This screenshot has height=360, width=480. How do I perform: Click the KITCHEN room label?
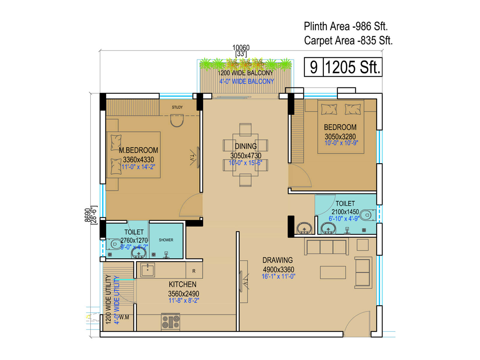coord(182,284)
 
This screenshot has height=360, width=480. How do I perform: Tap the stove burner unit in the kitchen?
coord(170,322)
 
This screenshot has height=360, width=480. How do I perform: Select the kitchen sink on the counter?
coord(147,270)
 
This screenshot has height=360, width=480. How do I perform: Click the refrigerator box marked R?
coord(194,271)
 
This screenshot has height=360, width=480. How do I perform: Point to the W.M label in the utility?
coord(124,317)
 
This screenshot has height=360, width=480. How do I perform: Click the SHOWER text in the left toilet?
coord(166,240)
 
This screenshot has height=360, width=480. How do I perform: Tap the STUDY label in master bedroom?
coord(177,107)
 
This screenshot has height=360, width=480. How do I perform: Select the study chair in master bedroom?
coord(177,121)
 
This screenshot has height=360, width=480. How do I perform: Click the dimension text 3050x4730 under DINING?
coord(246,156)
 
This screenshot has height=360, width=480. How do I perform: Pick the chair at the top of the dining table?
coord(245,129)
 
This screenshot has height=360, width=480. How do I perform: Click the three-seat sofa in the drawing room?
coord(326,247)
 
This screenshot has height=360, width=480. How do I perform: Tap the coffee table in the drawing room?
coord(333,272)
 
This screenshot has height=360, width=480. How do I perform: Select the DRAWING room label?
coord(277,260)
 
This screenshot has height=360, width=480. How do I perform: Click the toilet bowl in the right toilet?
coord(367,215)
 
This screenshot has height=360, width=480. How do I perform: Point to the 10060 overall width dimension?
coord(241,48)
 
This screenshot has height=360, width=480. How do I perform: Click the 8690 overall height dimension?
coord(87,215)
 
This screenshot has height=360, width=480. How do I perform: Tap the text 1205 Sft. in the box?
coord(352,67)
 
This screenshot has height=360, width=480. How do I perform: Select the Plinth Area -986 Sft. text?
coord(346,26)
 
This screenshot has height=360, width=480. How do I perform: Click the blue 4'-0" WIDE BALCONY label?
coord(247,81)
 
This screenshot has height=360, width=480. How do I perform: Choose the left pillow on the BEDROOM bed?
coord(329,109)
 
